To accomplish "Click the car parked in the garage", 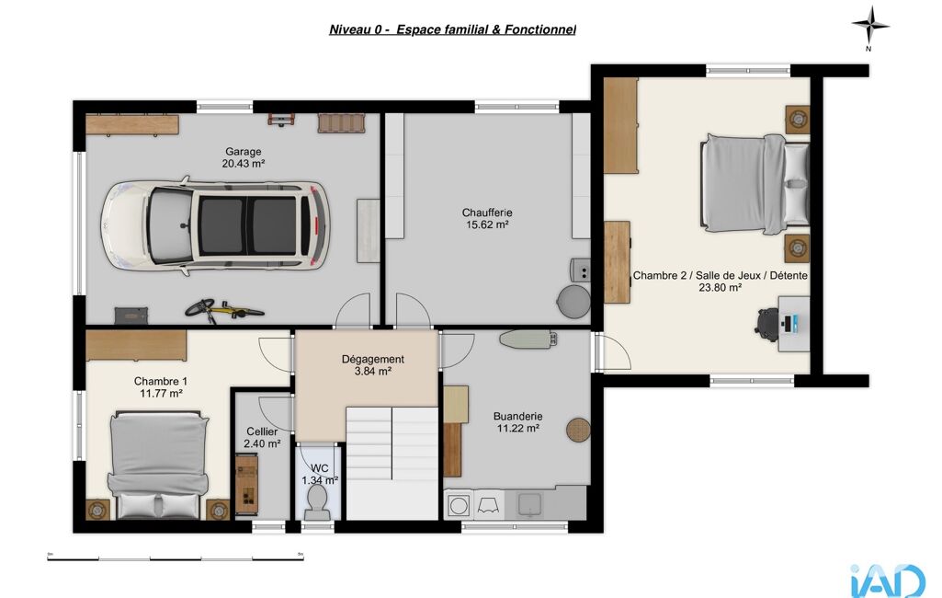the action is click(x=215, y=224).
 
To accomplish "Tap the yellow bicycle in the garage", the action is click(x=223, y=310).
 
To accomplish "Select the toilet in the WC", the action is click(x=316, y=502).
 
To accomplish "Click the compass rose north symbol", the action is click(x=870, y=26).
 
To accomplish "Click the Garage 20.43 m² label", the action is click(x=244, y=157).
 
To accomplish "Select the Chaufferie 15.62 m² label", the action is click(x=487, y=218).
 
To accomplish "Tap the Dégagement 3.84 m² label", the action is click(x=372, y=365).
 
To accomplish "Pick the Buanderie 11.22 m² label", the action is click(x=517, y=421).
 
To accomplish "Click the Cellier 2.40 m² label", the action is click(x=262, y=437).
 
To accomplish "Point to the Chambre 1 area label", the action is click(x=161, y=386).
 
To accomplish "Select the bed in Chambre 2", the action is click(x=755, y=183).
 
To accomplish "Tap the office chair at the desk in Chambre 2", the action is click(x=766, y=321).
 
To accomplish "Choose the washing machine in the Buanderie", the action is click(x=459, y=505).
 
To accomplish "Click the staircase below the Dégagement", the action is click(x=392, y=463).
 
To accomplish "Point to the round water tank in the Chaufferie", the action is click(x=573, y=301).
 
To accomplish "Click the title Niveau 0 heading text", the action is click(x=452, y=29).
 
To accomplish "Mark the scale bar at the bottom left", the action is click(x=176, y=558).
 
